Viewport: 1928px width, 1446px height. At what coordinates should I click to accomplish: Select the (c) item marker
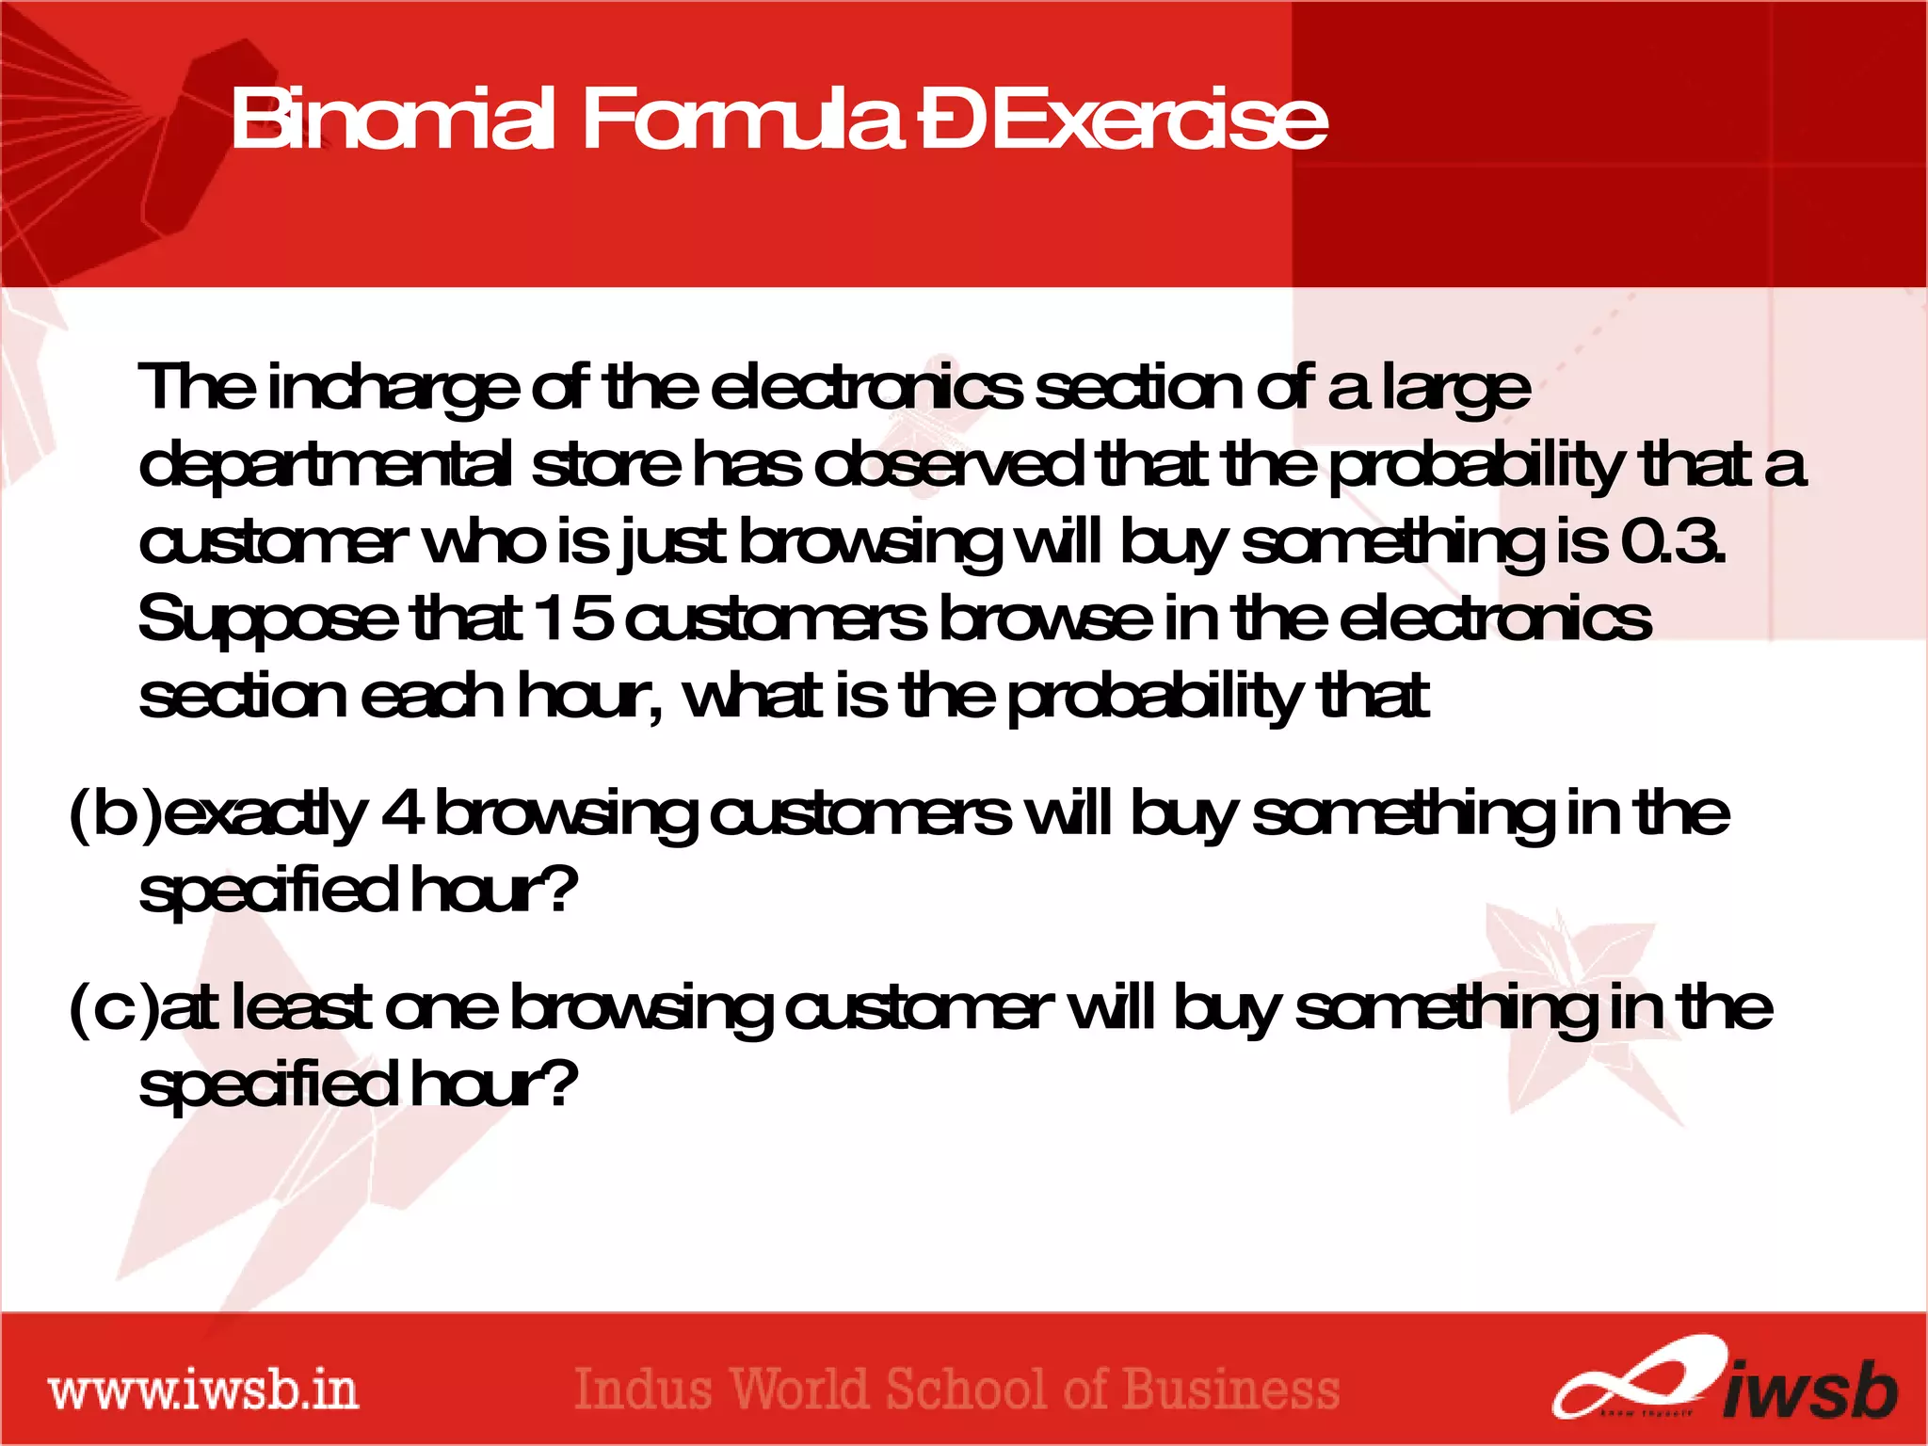tap(114, 1007)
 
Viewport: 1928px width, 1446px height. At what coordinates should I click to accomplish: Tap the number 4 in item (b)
tap(402, 813)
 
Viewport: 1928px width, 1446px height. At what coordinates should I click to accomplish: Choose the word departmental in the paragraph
tap(326, 467)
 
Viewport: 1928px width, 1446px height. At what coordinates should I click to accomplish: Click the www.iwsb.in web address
tap(203, 1390)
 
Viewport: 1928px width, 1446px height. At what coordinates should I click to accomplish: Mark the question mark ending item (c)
tap(560, 1083)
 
